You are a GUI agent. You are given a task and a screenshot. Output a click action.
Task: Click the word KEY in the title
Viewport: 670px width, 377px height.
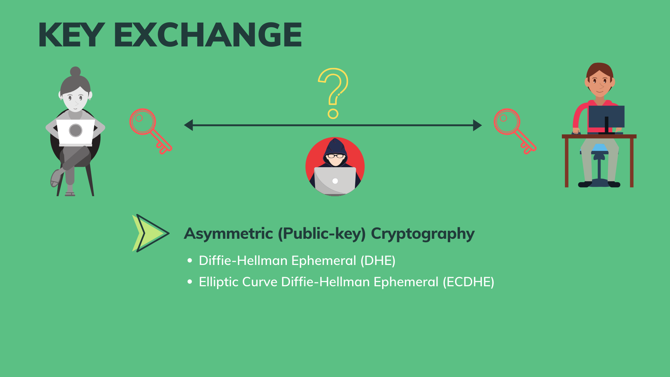pos(71,35)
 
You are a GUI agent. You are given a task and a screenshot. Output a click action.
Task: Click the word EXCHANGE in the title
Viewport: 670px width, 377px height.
pos(208,35)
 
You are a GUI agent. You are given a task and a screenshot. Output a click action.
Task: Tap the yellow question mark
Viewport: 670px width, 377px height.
pos(333,93)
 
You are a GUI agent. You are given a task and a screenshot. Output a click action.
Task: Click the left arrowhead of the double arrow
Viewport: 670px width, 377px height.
pos(189,125)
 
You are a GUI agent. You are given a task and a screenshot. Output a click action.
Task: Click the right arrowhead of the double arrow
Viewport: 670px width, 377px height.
pos(477,125)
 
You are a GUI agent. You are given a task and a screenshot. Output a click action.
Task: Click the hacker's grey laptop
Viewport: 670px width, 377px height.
pos(335,180)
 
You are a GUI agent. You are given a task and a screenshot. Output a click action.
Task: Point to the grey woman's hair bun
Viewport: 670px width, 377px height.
pos(75,72)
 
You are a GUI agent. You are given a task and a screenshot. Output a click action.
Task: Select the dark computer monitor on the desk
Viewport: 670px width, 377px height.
pos(606,117)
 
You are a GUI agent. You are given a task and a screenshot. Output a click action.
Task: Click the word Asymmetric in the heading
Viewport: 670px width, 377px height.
pos(228,234)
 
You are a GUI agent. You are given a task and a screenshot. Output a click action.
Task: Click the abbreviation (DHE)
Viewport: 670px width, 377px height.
pos(378,261)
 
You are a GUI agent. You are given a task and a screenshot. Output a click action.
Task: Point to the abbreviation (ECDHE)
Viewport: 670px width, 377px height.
pos(468,282)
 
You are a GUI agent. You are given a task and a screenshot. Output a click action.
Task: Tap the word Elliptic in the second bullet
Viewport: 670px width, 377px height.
pos(218,282)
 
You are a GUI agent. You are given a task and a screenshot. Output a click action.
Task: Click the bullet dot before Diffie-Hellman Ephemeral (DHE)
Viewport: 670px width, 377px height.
pos(190,260)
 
